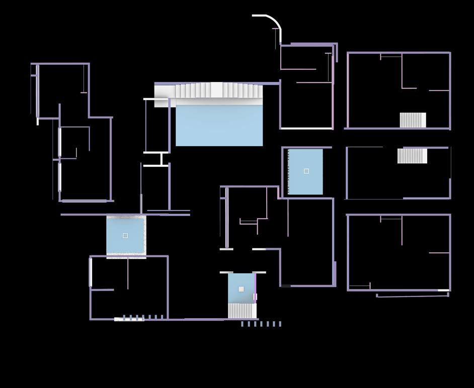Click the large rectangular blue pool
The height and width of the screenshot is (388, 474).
219,126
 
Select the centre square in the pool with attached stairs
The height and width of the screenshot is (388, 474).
241,289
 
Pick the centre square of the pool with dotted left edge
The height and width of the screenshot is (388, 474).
306,171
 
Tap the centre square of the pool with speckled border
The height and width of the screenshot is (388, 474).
125,235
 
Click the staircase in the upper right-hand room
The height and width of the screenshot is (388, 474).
413,120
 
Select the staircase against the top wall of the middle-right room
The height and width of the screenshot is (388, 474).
412,156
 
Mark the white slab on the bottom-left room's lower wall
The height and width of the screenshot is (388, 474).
129,319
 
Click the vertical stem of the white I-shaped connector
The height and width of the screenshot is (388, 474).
162,159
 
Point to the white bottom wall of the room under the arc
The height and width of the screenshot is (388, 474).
306,129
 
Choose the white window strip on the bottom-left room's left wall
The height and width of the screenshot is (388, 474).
91,272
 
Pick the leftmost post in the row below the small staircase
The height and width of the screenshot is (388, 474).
242,324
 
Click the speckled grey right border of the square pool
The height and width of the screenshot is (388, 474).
145,235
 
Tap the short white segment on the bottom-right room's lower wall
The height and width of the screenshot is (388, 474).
443,290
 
